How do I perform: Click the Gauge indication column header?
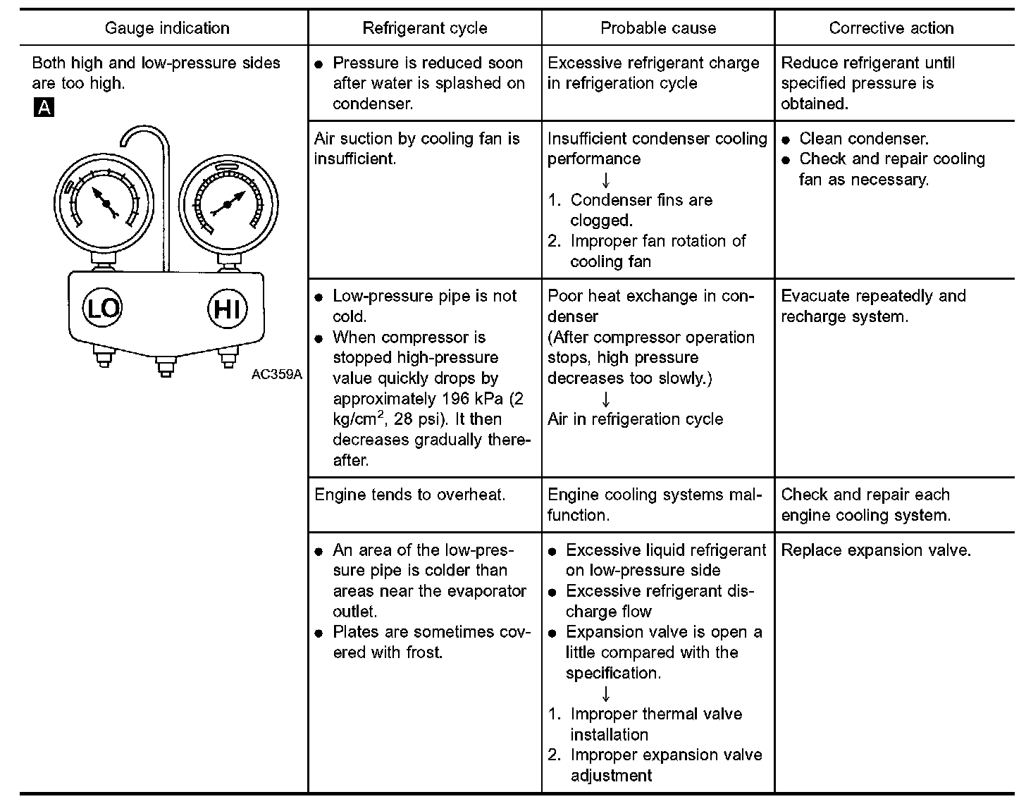(167, 28)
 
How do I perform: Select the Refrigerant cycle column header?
(425, 28)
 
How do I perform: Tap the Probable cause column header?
(658, 28)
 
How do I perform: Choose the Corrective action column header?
(891, 28)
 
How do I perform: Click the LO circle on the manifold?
(103, 308)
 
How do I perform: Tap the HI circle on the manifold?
(227, 309)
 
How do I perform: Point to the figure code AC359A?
(276, 374)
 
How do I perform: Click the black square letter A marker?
(44, 107)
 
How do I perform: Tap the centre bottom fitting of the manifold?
(165, 366)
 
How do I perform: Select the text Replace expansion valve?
(876, 550)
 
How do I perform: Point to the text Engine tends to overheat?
(410, 495)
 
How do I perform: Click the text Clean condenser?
(864, 139)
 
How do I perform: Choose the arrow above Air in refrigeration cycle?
(605, 399)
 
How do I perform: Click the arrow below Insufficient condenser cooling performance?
(605, 180)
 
